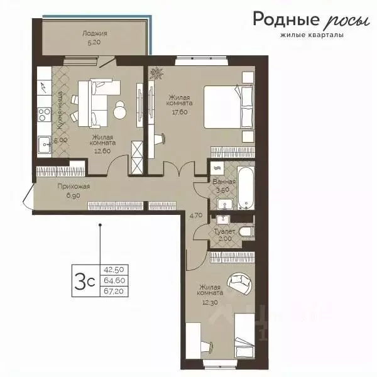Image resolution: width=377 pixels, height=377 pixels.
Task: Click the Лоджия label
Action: (94, 33)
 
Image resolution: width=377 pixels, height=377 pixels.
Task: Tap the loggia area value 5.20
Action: (94, 43)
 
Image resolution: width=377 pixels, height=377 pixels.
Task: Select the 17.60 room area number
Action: (180, 112)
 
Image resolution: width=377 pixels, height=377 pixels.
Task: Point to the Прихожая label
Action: (74, 187)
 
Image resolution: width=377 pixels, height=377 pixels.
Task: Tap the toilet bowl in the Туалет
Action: (247, 231)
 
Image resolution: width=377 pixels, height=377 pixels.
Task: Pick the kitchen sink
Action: (44, 145)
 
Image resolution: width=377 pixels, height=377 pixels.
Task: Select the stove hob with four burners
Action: (45, 114)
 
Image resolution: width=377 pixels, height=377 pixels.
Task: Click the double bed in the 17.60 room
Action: (229, 107)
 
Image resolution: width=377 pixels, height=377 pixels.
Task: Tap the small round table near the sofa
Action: (119, 110)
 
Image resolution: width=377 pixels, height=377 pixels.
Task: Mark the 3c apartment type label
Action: (85, 281)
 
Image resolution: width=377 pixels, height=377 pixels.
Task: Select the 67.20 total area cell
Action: (114, 291)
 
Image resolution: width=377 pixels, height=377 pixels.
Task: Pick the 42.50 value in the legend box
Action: (114, 270)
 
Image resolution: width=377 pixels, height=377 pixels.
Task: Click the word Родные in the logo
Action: (287, 19)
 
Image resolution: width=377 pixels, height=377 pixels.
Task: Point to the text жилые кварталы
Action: (312, 35)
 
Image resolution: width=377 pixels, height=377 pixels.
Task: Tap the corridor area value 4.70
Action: (195, 216)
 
